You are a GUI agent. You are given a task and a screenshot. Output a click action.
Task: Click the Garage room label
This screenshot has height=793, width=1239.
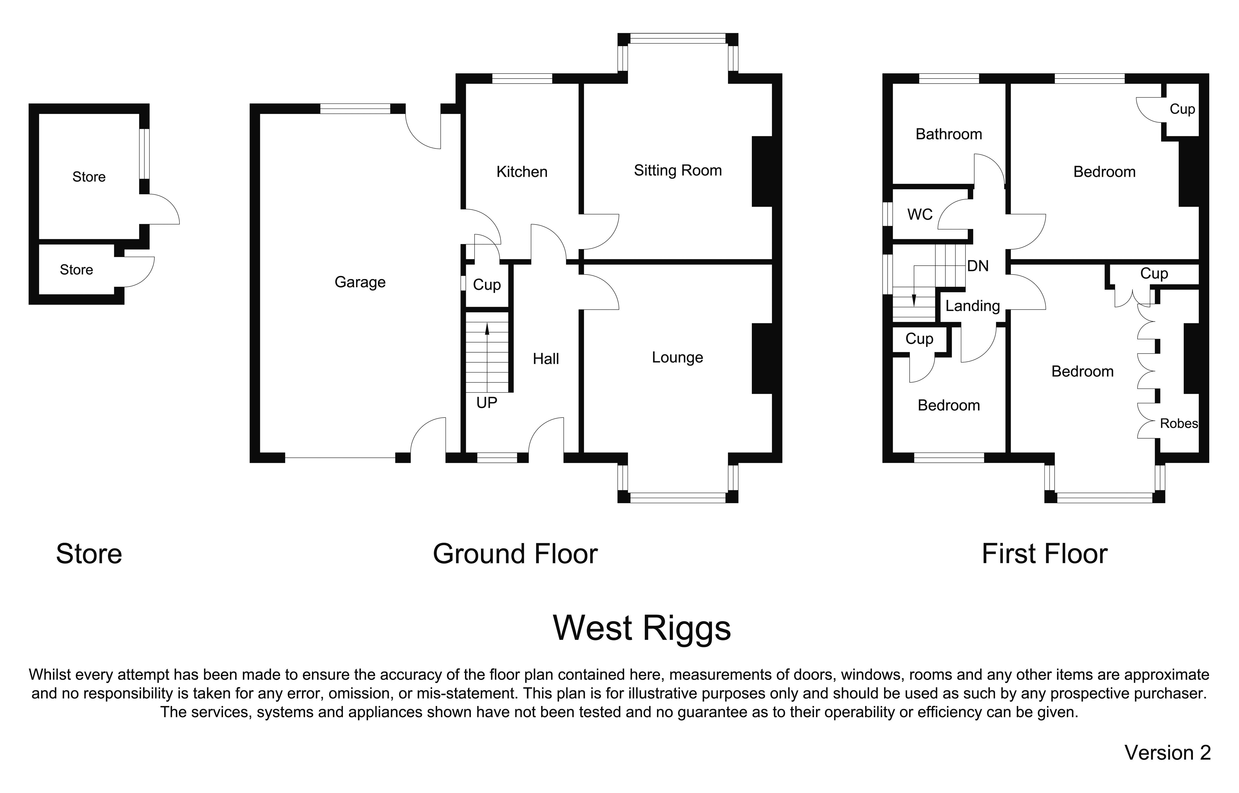(x=360, y=282)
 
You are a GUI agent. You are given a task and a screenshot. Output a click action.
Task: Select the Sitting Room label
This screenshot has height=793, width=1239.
(x=677, y=170)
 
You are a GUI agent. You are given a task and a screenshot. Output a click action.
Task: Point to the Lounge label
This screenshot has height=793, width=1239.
(x=677, y=357)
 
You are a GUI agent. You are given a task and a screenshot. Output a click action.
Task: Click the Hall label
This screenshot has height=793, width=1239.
(x=546, y=359)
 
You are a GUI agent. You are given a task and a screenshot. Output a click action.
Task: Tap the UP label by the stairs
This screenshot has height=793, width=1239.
(x=486, y=403)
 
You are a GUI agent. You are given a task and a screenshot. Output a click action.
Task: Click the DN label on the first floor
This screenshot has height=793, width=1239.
(x=978, y=266)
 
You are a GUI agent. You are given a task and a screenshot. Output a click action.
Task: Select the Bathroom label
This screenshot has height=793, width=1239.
(x=948, y=134)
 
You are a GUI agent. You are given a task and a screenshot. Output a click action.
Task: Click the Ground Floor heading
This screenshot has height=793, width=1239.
(x=515, y=554)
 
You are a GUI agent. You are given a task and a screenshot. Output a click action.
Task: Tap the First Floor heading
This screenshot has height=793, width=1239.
(x=1044, y=554)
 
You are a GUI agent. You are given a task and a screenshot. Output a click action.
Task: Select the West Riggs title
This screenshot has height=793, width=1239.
(x=641, y=628)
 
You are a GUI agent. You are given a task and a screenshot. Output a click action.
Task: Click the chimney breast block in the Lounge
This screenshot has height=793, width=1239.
(x=762, y=358)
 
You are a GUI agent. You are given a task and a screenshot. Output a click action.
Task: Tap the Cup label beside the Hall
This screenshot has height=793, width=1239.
(x=486, y=285)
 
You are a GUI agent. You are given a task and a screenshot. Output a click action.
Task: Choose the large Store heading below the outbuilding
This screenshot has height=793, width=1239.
(x=88, y=554)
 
